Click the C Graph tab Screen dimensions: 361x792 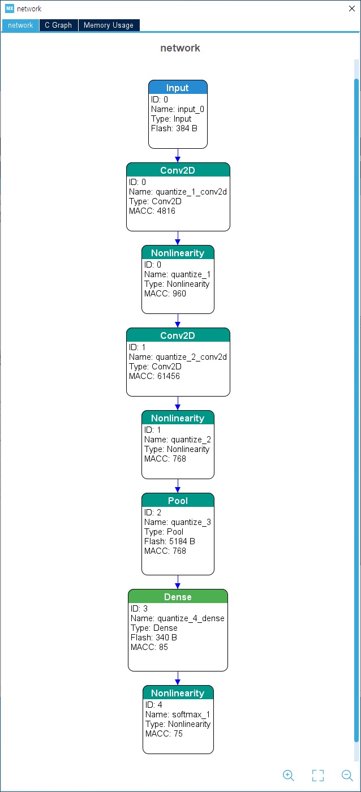point(58,25)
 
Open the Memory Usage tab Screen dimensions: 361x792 point(109,25)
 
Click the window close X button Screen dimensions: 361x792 point(352,8)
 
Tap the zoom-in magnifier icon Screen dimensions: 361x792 point(289,776)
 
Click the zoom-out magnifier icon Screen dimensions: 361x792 point(347,776)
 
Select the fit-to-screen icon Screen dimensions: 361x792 point(318,776)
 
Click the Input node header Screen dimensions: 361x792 point(178,87)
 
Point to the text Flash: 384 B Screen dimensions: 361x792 point(174,128)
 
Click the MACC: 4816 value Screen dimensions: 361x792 point(152,211)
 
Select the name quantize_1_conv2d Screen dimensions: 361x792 point(191,192)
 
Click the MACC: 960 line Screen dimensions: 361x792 point(165,294)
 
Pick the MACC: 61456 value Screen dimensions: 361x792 point(154,376)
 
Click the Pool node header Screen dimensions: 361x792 point(178,500)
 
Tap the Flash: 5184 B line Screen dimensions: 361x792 point(169,541)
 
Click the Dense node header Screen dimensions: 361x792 point(178,596)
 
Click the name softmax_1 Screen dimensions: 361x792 point(191,714)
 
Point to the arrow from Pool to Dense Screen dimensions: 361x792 point(178,582)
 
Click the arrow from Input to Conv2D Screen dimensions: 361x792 point(178,156)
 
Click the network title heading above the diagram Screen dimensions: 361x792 point(180,48)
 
